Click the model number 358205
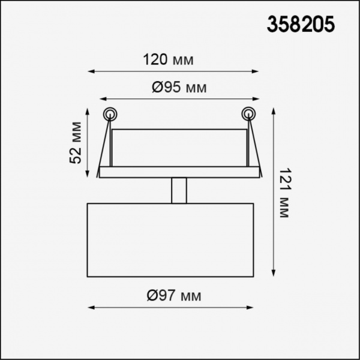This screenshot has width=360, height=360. point(301,25)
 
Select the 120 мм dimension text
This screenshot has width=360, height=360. point(168,59)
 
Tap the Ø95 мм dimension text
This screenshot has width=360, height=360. point(179,87)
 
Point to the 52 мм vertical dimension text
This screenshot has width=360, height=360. point(76,143)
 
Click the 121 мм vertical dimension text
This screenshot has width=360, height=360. point(285,193)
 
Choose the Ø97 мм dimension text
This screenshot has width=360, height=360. point(174,295)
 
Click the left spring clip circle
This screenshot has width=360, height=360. point(110,114)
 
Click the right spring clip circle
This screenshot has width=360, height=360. point(248,114)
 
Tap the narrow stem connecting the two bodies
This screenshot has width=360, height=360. point(179,190)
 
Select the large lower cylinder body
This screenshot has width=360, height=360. point(170,240)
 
